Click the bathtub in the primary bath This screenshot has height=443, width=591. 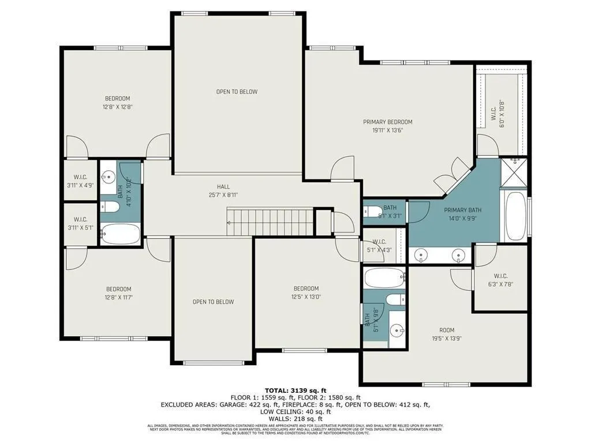click(x=515, y=216)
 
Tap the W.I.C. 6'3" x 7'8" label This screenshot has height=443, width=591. click(x=500, y=280)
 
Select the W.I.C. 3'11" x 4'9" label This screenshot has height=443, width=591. click(x=80, y=182)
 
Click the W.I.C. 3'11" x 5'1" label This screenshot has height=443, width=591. click(x=80, y=224)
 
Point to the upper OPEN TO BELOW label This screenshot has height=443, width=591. click(x=237, y=92)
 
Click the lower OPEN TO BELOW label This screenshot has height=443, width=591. click(x=213, y=302)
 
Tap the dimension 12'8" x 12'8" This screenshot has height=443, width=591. click(x=117, y=107)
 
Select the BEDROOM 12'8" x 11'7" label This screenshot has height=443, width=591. click(x=118, y=293)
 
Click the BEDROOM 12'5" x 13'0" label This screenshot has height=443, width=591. click(x=306, y=292)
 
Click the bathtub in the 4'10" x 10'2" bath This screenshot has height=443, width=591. click(x=121, y=234)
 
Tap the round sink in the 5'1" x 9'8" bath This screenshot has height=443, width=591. click(x=396, y=331)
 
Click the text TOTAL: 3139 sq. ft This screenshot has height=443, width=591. click(x=295, y=391)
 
